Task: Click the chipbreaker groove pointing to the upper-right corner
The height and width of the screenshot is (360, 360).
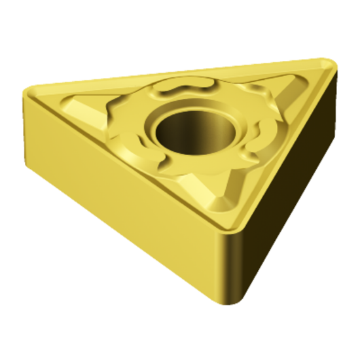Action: [x=281, y=88]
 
